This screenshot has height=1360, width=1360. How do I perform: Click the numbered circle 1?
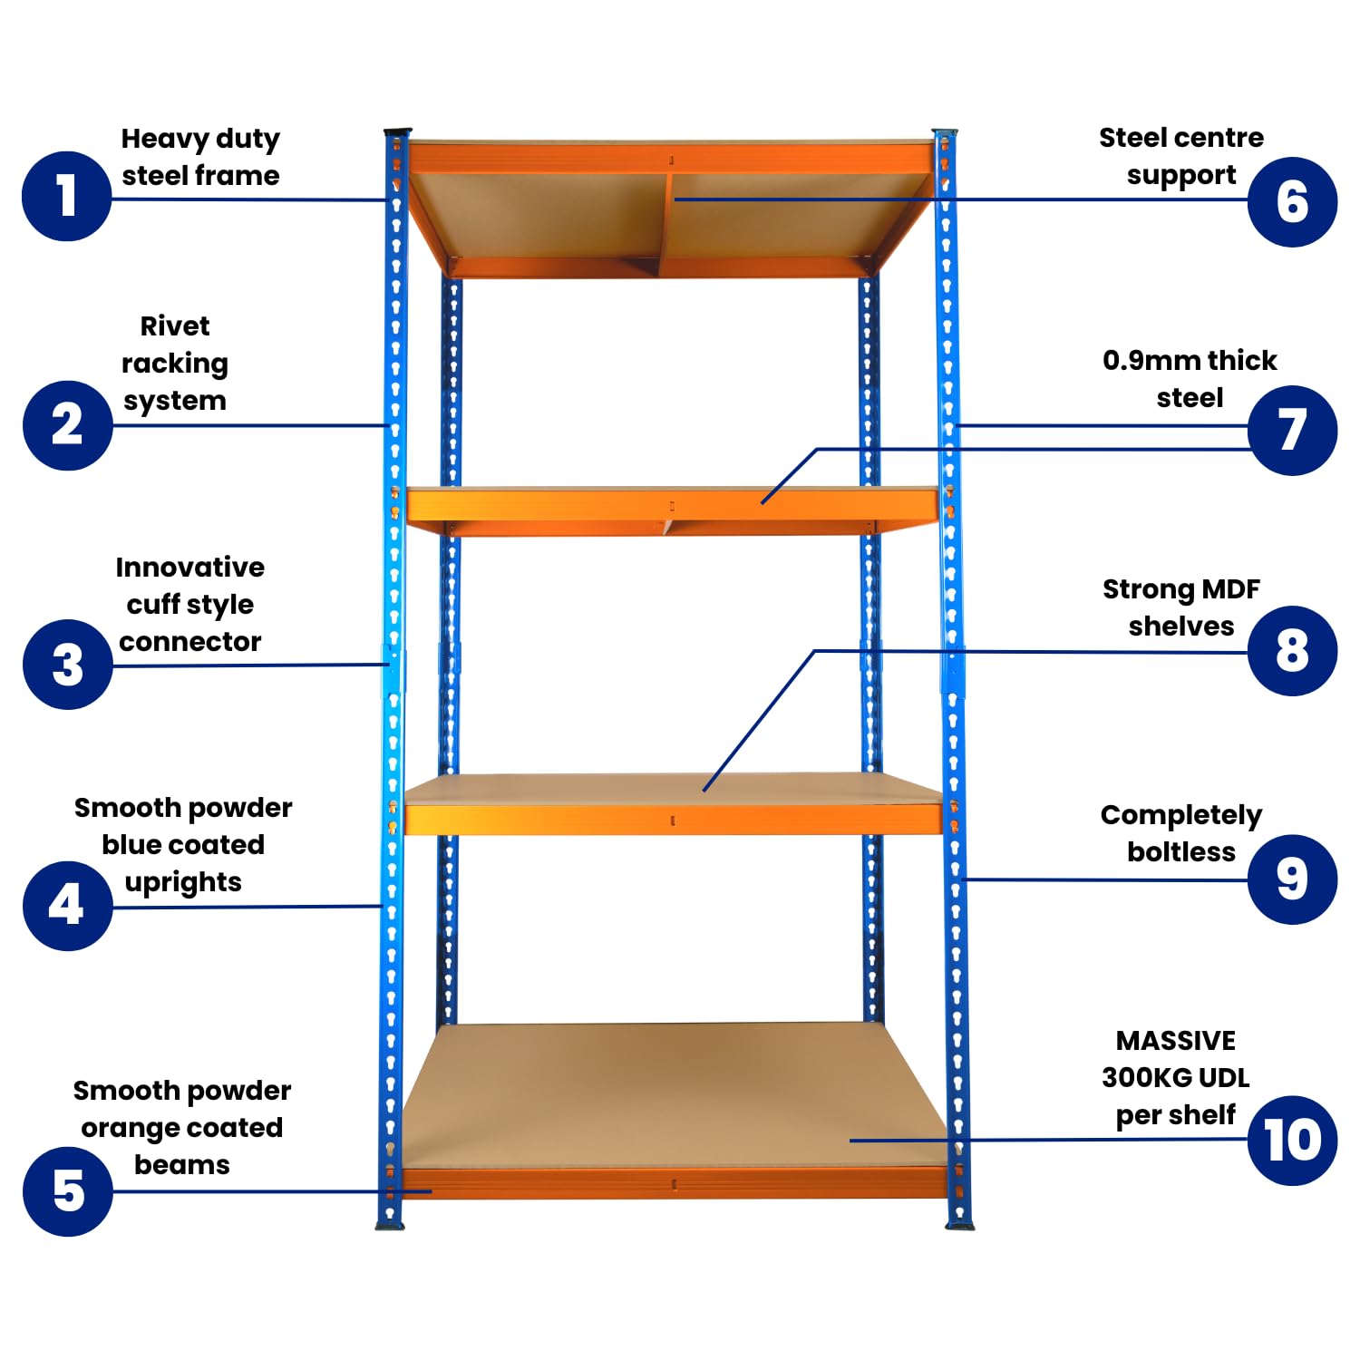point(66,196)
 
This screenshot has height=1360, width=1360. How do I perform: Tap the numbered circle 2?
point(67,425)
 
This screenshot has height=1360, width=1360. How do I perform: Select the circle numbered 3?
point(67,665)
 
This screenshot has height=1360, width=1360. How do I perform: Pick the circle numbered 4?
point(67,906)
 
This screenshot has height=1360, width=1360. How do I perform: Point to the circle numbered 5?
point(67,1191)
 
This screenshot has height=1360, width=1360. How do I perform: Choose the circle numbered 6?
point(1292,201)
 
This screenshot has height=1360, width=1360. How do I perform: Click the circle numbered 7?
point(1292,430)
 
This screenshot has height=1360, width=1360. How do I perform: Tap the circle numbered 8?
point(1292,651)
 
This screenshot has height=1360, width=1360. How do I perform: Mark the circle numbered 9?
point(1292,879)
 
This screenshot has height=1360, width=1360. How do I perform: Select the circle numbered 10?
point(1292,1141)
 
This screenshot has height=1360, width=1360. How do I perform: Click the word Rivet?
point(175,325)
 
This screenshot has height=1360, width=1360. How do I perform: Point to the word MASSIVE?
point(1176,1040)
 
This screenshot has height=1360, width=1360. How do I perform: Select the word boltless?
point(1181,851)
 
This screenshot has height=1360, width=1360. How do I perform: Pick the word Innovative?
point(190,567)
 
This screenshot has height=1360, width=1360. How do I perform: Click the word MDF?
point(1231,588)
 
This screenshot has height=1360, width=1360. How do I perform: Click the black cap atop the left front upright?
point(397,133)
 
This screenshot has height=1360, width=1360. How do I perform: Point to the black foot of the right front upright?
point(960,1226)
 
